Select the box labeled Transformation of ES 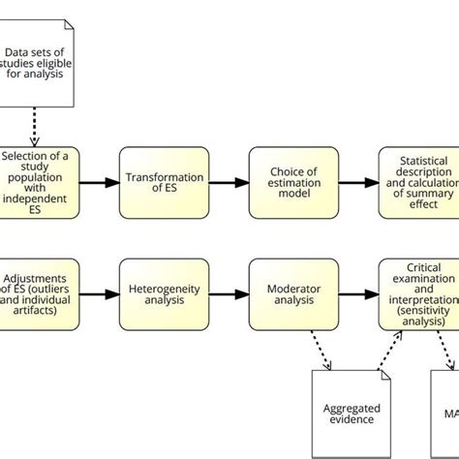164,183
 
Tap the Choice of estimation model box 292,183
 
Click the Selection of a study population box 39,183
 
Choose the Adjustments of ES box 39,293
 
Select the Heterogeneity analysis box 164,293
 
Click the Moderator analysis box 292,293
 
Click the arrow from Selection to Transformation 100,183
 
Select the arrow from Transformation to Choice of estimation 228,183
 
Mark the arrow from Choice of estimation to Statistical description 356,183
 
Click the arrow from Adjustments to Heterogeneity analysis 100,293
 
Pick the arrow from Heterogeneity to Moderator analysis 228,293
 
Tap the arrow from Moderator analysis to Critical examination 356,293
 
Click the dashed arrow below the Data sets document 36,126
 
